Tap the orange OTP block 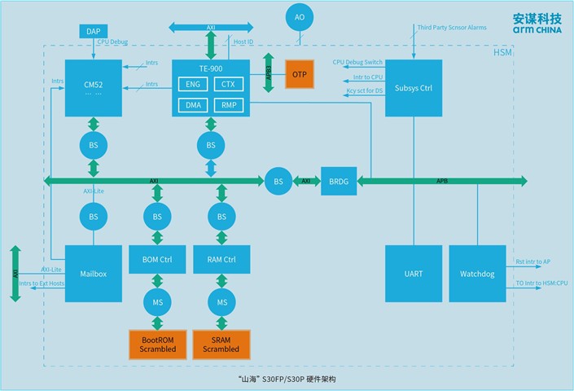point(303,75)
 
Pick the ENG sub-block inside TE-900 point(193,85)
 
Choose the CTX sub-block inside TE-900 point(228,85)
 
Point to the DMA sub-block point(193,105)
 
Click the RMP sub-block point(228,105)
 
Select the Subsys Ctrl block point(413,87)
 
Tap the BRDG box point(338,180)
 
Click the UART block point(413,274)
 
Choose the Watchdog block point(475,274)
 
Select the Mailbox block point(94,274)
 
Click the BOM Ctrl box point(156,260)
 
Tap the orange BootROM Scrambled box point(156,344)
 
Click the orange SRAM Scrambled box point(221,344)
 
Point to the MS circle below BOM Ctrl point(156,301)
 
